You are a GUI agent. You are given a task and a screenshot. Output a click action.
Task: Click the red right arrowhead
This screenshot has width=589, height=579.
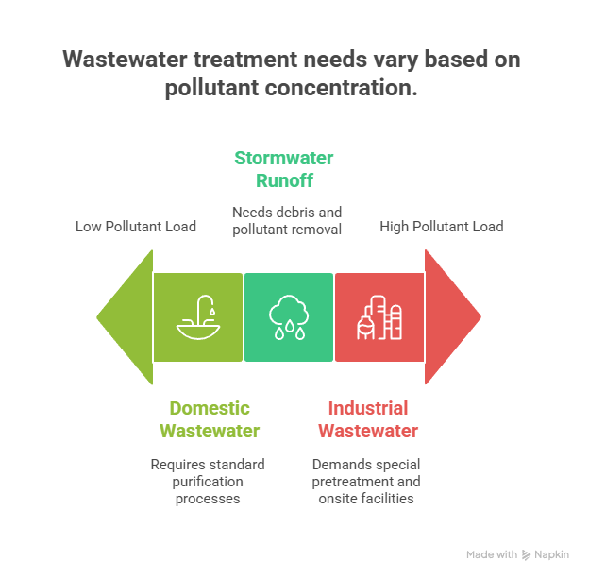[x=451, y=316]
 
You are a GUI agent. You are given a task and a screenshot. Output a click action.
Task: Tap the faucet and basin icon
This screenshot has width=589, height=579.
[x=198, y=317]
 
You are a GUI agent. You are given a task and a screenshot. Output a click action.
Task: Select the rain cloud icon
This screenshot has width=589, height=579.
[x=289, y=317]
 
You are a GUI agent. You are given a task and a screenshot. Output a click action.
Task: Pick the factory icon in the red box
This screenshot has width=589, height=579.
[x=379, y=317]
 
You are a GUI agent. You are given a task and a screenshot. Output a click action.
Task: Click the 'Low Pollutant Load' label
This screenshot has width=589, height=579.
[x=136, y=227]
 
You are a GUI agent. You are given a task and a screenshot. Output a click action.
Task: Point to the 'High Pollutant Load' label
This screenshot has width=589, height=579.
[x=441, y=227]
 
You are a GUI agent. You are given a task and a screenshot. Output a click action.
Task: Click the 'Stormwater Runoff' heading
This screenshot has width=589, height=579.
[x=284, y=169]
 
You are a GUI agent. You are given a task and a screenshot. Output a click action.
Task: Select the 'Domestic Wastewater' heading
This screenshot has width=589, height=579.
[x=210, y=419]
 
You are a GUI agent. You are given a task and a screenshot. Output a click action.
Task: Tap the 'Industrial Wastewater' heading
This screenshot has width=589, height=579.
[x=367, y=419]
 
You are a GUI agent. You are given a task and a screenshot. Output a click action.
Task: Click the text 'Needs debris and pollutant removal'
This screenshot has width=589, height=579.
[x=287, y=219]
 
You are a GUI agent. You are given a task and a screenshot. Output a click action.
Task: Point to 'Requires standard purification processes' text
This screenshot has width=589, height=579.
[x=208, y=481]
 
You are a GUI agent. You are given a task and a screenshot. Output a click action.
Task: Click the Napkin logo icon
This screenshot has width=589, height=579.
[x=526, y=554]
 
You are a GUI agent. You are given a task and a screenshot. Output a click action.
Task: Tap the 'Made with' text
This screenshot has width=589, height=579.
[x=492, y=554]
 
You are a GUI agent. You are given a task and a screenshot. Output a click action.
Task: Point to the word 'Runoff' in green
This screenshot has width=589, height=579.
[x=284, y=180]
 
